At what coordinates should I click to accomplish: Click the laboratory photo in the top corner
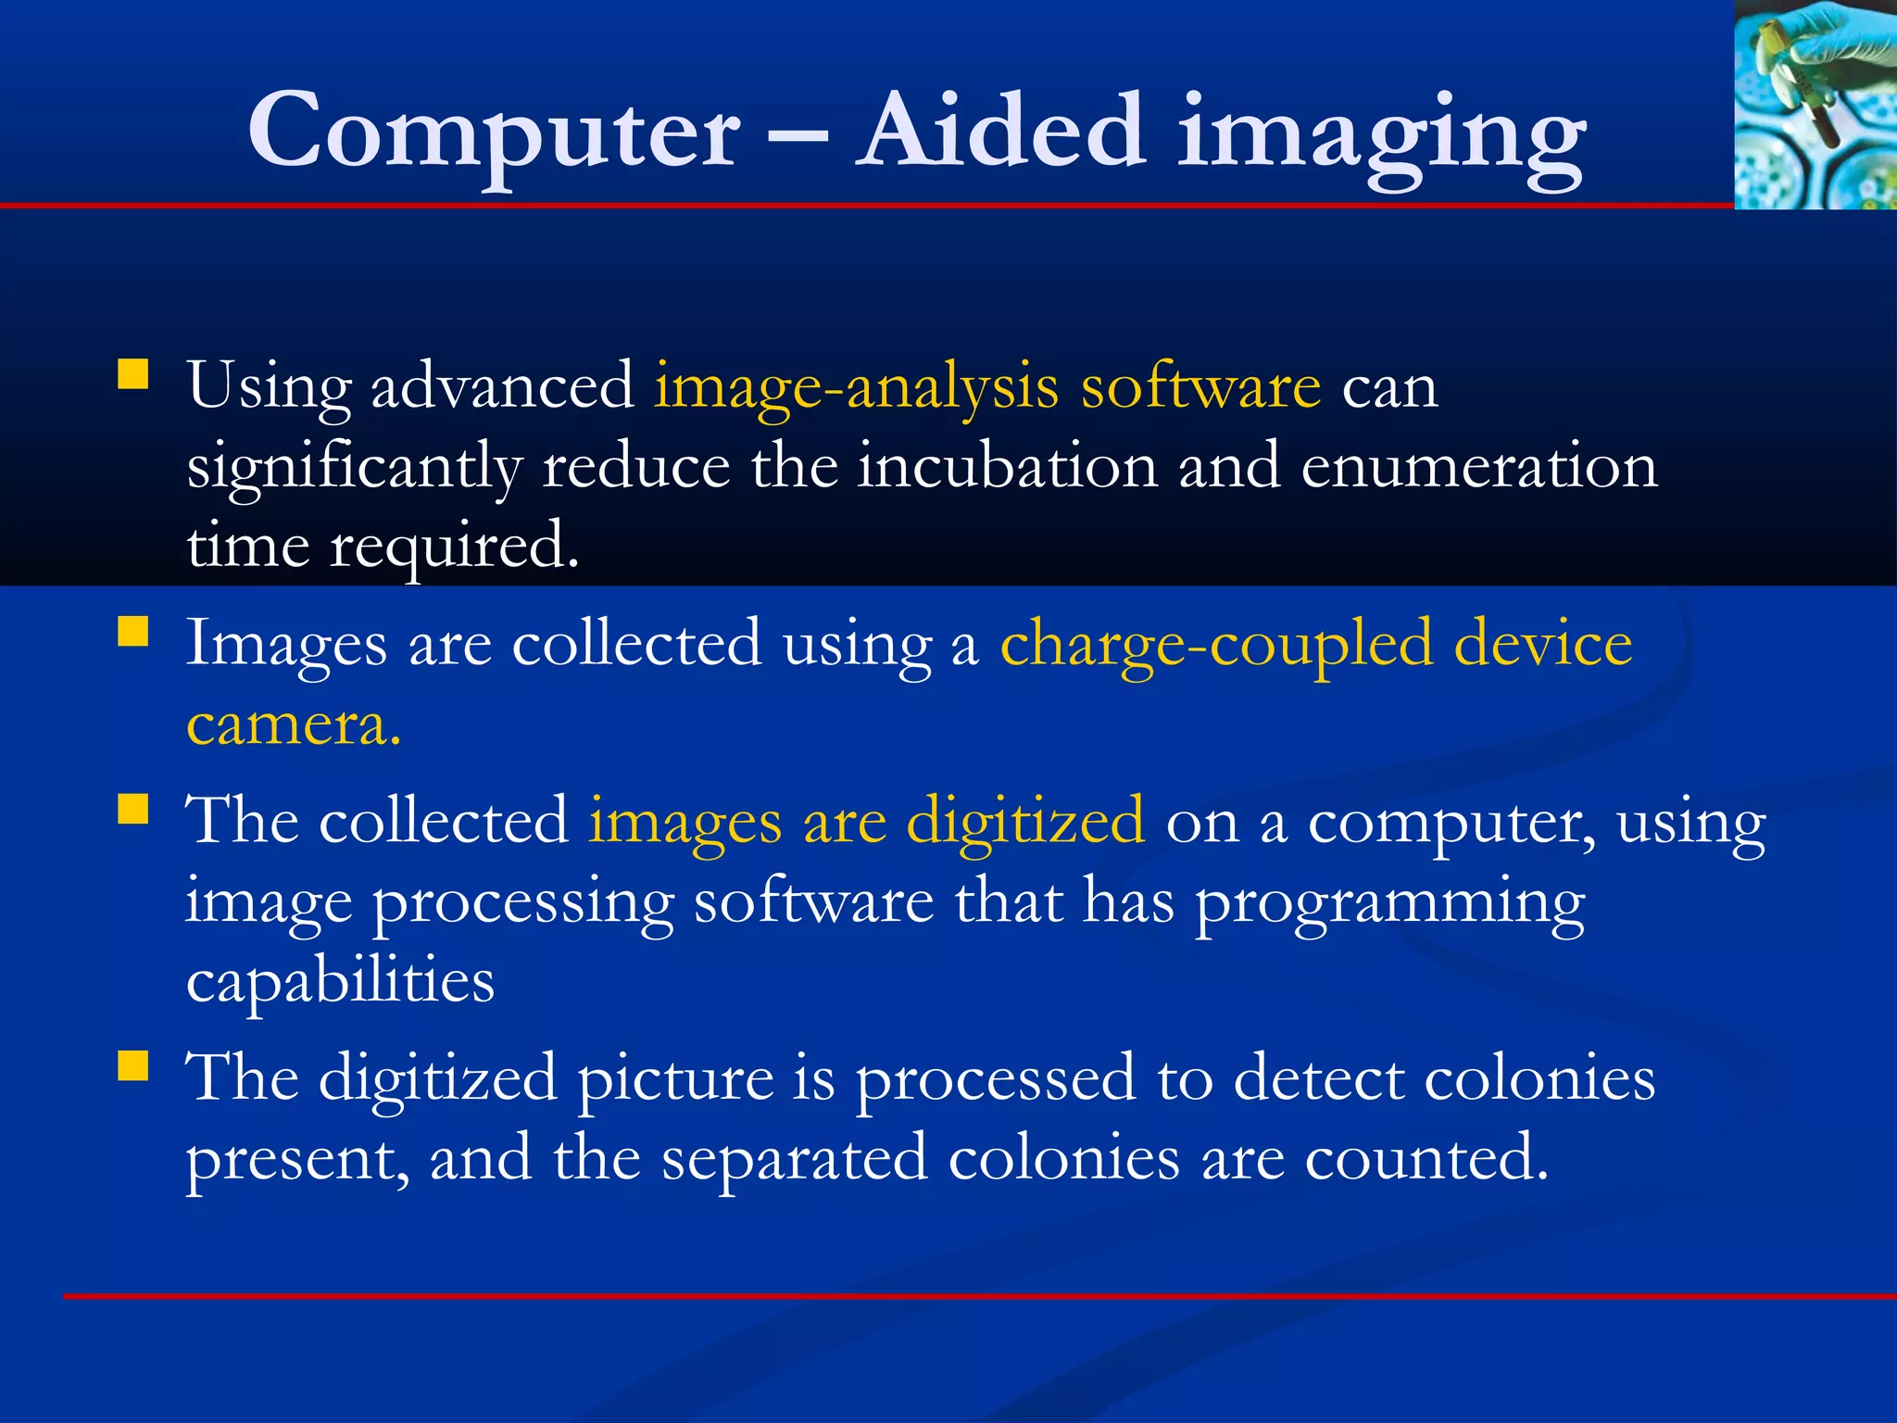[x=1815, y=104]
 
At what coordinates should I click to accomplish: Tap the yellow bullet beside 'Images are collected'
[x=133, y=632]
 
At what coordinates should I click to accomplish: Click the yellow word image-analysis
[x=856, y=387]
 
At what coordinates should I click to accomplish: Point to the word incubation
[x=1006, y=466]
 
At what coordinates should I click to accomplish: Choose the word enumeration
[x=1478, y=466]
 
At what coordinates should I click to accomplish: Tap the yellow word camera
[x=293, y=724]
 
